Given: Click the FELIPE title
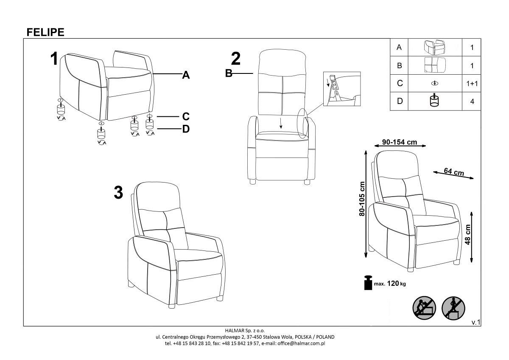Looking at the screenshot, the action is pos(45,32).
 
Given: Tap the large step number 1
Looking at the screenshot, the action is pos(54,59).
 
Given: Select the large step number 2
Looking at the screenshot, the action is pos(236,59).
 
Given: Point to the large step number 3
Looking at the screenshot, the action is pos(118,193).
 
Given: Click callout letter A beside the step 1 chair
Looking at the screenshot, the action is pos(186,75).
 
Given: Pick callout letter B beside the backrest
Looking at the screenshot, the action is pos(229,73).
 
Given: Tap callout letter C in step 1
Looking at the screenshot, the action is pos(186,116).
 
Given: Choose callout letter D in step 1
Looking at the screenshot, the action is pos(186,129).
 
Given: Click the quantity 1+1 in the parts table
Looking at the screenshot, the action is pos(472,84).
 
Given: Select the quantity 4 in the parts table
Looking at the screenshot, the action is pos(472,101).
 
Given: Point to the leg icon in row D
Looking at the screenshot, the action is pos(434,100).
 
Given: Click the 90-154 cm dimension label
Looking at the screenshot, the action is pos(400,142).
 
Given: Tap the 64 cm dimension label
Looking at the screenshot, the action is pos(454,172).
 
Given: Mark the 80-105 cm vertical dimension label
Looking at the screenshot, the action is pos(362,199).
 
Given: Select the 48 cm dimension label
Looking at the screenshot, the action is pos(468,234).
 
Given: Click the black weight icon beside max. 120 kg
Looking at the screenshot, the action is pos(368,283).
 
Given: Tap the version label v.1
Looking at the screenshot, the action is pos(476,322).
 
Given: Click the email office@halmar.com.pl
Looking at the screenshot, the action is pos(301,343).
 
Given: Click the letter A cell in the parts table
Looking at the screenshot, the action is pos(399,47).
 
